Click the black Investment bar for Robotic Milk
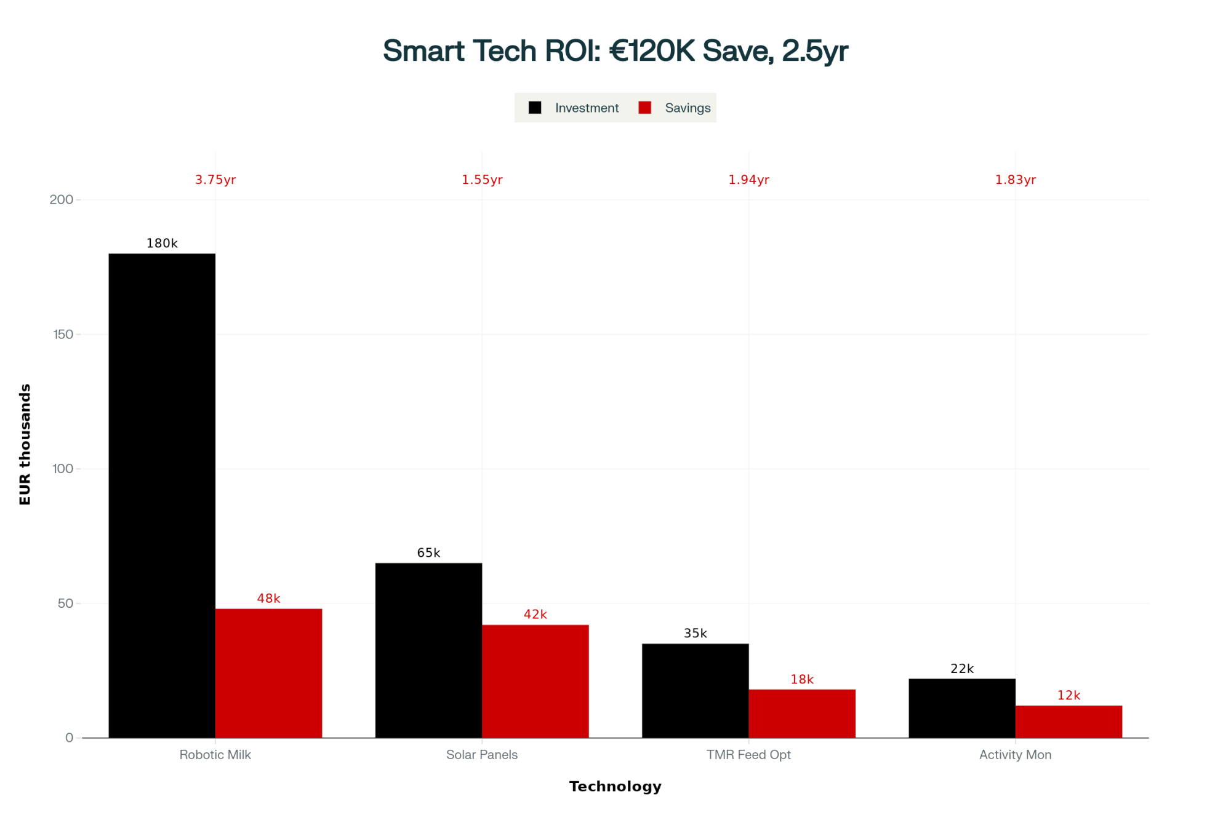click(x=162, y=495)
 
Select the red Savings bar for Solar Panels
click(x=535, y=681)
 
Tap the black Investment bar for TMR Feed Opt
click(x=695, y=690)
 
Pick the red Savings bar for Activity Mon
click(x=1069, y=722)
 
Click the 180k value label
click(x=162, y=244)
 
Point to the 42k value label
click(x=535, y=615)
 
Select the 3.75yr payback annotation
click(x=215, y=180)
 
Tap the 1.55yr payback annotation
click(x=482, y=180)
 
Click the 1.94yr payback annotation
click(x=748, y=180)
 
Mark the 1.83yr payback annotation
click(x=1016, y=180)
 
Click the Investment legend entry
click(x=586, y=108)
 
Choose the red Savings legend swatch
click(x=644, y=108)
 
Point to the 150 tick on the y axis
click(x=63, y=335)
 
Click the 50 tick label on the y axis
click(x=65, y=603)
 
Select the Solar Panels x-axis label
click(x=482, y=755)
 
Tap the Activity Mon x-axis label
click(x=1015, y=755)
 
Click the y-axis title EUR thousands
click(x=25, y=444)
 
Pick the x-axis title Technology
click(x=615, y=787)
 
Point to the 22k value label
click(x=962, y=669)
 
